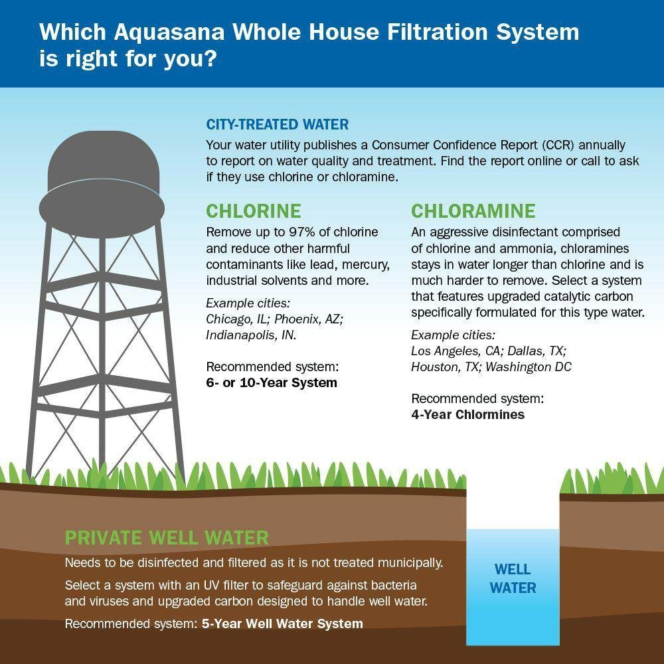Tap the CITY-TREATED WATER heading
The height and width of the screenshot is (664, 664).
click(277, 125)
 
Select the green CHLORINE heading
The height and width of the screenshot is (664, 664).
click(253, 211)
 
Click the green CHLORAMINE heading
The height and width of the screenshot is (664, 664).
click(473, 211)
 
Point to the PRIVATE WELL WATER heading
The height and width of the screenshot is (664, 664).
click(167, 537)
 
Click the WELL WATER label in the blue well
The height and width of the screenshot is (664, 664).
click(513, 578)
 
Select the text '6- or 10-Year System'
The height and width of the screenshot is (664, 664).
click(272, 383)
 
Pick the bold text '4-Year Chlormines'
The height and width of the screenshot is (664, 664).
click(467, 415)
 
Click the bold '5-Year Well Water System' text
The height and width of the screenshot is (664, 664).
click(282, 624)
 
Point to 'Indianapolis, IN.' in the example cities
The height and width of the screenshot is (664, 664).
click(251, 335)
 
